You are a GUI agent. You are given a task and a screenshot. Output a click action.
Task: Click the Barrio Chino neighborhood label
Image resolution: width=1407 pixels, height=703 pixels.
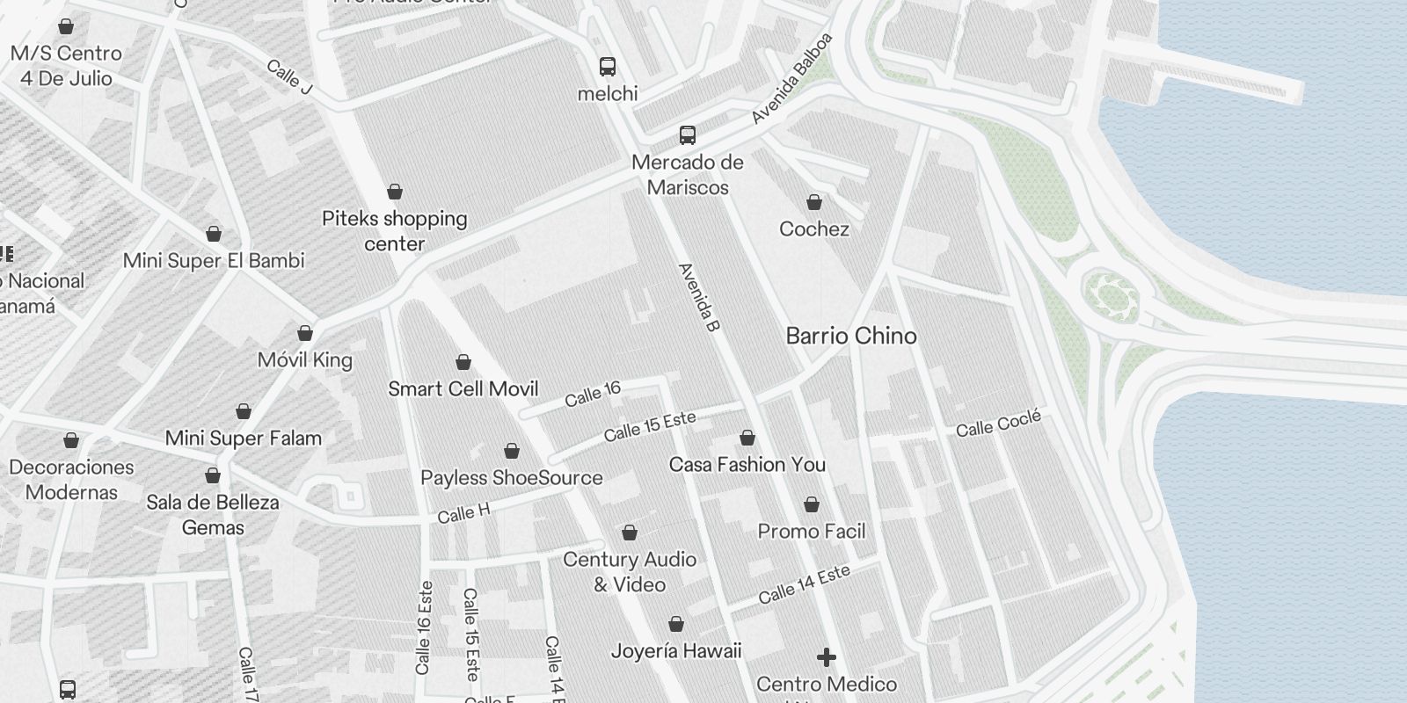[850, 336]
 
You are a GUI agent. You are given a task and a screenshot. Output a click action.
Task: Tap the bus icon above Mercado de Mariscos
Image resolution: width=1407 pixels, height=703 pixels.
[688, 135]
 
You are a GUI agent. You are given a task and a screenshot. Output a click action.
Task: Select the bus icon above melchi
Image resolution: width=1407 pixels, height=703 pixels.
[608, 66]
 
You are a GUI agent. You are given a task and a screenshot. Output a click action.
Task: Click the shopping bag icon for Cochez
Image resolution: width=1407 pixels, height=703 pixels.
[814, 203]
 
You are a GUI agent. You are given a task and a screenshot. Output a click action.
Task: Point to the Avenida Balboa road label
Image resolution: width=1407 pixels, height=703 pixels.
[791, 79]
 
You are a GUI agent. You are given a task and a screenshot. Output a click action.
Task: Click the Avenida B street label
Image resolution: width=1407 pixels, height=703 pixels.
[700, 298]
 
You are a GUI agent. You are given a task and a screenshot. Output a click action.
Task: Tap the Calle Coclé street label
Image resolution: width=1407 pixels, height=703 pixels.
[998, 424]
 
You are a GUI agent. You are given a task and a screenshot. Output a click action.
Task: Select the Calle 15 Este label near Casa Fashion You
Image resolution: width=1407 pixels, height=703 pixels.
[650, 426]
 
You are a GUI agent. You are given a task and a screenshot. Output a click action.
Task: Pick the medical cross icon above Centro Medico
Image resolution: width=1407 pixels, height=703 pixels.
[827, 657]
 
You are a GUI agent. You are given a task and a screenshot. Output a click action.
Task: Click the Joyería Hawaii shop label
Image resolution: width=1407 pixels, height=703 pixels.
[676, 651]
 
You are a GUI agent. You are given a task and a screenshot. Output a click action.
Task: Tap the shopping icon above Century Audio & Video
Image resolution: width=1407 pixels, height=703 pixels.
[630, 533]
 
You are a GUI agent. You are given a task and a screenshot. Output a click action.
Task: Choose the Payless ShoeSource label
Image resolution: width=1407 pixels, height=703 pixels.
[512, 478]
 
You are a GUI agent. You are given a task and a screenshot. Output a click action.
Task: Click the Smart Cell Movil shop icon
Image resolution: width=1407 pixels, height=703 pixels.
[463, 362]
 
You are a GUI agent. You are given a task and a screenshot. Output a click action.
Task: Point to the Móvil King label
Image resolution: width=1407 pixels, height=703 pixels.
[305, 360]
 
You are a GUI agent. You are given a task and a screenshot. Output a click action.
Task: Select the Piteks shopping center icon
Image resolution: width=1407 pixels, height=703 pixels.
[395, 192]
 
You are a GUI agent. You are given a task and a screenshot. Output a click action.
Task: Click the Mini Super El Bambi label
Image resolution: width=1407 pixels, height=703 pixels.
[214, 261]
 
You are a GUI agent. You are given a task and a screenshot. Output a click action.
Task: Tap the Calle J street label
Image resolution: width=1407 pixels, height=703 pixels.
[289, 76]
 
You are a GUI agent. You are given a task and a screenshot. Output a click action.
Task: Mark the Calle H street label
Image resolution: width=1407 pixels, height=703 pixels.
[463, 513]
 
